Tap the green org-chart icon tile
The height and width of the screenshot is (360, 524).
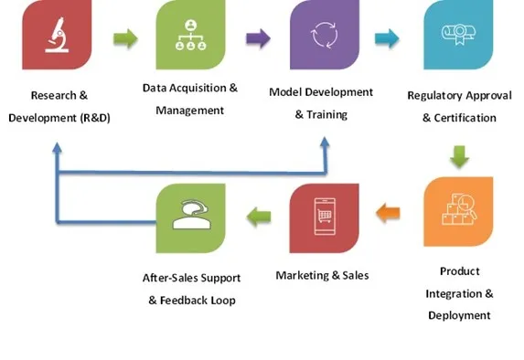click(190, 35)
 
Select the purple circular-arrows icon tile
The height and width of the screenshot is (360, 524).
click(324, 35)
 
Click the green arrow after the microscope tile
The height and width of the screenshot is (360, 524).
click(125, 38)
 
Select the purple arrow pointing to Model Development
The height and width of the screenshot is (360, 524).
click(258, 38)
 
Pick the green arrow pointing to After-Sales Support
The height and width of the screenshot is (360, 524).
click(259, 216)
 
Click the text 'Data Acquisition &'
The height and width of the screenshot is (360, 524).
click(189, 89)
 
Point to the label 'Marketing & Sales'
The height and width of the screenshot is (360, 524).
click(322, 275)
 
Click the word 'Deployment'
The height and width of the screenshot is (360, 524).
click(459, 315)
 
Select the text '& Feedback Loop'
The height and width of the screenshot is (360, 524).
click(191, 300)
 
